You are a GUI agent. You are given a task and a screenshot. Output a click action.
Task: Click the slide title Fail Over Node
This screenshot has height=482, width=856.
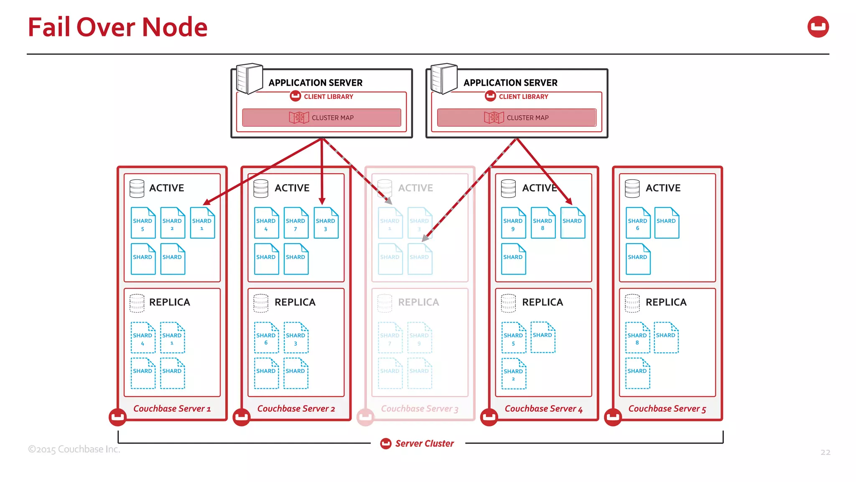(117, 27)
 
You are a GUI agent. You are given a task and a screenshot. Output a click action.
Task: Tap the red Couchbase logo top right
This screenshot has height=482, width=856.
(818, 27)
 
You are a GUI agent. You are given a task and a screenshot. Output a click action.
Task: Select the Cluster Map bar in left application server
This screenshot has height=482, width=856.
(321, 118)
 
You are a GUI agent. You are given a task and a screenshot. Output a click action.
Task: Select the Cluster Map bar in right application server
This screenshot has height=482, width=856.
(517, 118)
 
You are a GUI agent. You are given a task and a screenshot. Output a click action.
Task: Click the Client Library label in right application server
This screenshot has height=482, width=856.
(523, 97)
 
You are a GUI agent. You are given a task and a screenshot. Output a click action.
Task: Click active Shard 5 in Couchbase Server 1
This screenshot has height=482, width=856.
(143, 223)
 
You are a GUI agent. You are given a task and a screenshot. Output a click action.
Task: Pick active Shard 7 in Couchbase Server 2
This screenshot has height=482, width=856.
(296, 223)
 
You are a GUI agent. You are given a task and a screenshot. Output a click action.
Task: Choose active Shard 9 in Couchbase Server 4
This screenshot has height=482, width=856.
(513, 223)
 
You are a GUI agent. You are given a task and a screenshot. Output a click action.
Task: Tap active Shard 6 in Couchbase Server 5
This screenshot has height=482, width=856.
(638, 223)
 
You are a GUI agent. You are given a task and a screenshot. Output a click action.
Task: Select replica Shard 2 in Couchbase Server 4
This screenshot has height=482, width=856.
(514, 374)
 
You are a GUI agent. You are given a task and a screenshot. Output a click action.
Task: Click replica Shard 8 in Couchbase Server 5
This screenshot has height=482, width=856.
(637, 338)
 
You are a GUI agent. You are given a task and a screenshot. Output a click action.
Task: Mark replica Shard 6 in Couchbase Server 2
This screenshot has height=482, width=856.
(266, 338)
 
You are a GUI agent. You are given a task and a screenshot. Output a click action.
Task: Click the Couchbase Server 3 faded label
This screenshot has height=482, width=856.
(419, 409)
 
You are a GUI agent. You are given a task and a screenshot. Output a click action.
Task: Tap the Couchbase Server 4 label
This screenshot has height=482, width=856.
(543, 409)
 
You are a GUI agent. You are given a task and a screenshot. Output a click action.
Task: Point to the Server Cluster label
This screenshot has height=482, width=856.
(424, 444)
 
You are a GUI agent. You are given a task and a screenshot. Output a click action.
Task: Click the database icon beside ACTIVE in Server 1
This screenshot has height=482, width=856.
(137, 188)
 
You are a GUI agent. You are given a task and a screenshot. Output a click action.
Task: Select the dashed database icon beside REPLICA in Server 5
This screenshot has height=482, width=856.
(632, 303)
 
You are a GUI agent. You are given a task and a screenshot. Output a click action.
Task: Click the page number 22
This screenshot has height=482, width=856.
(825, 452)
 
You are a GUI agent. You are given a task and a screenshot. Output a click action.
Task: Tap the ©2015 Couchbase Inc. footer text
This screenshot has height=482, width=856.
(74, 449)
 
